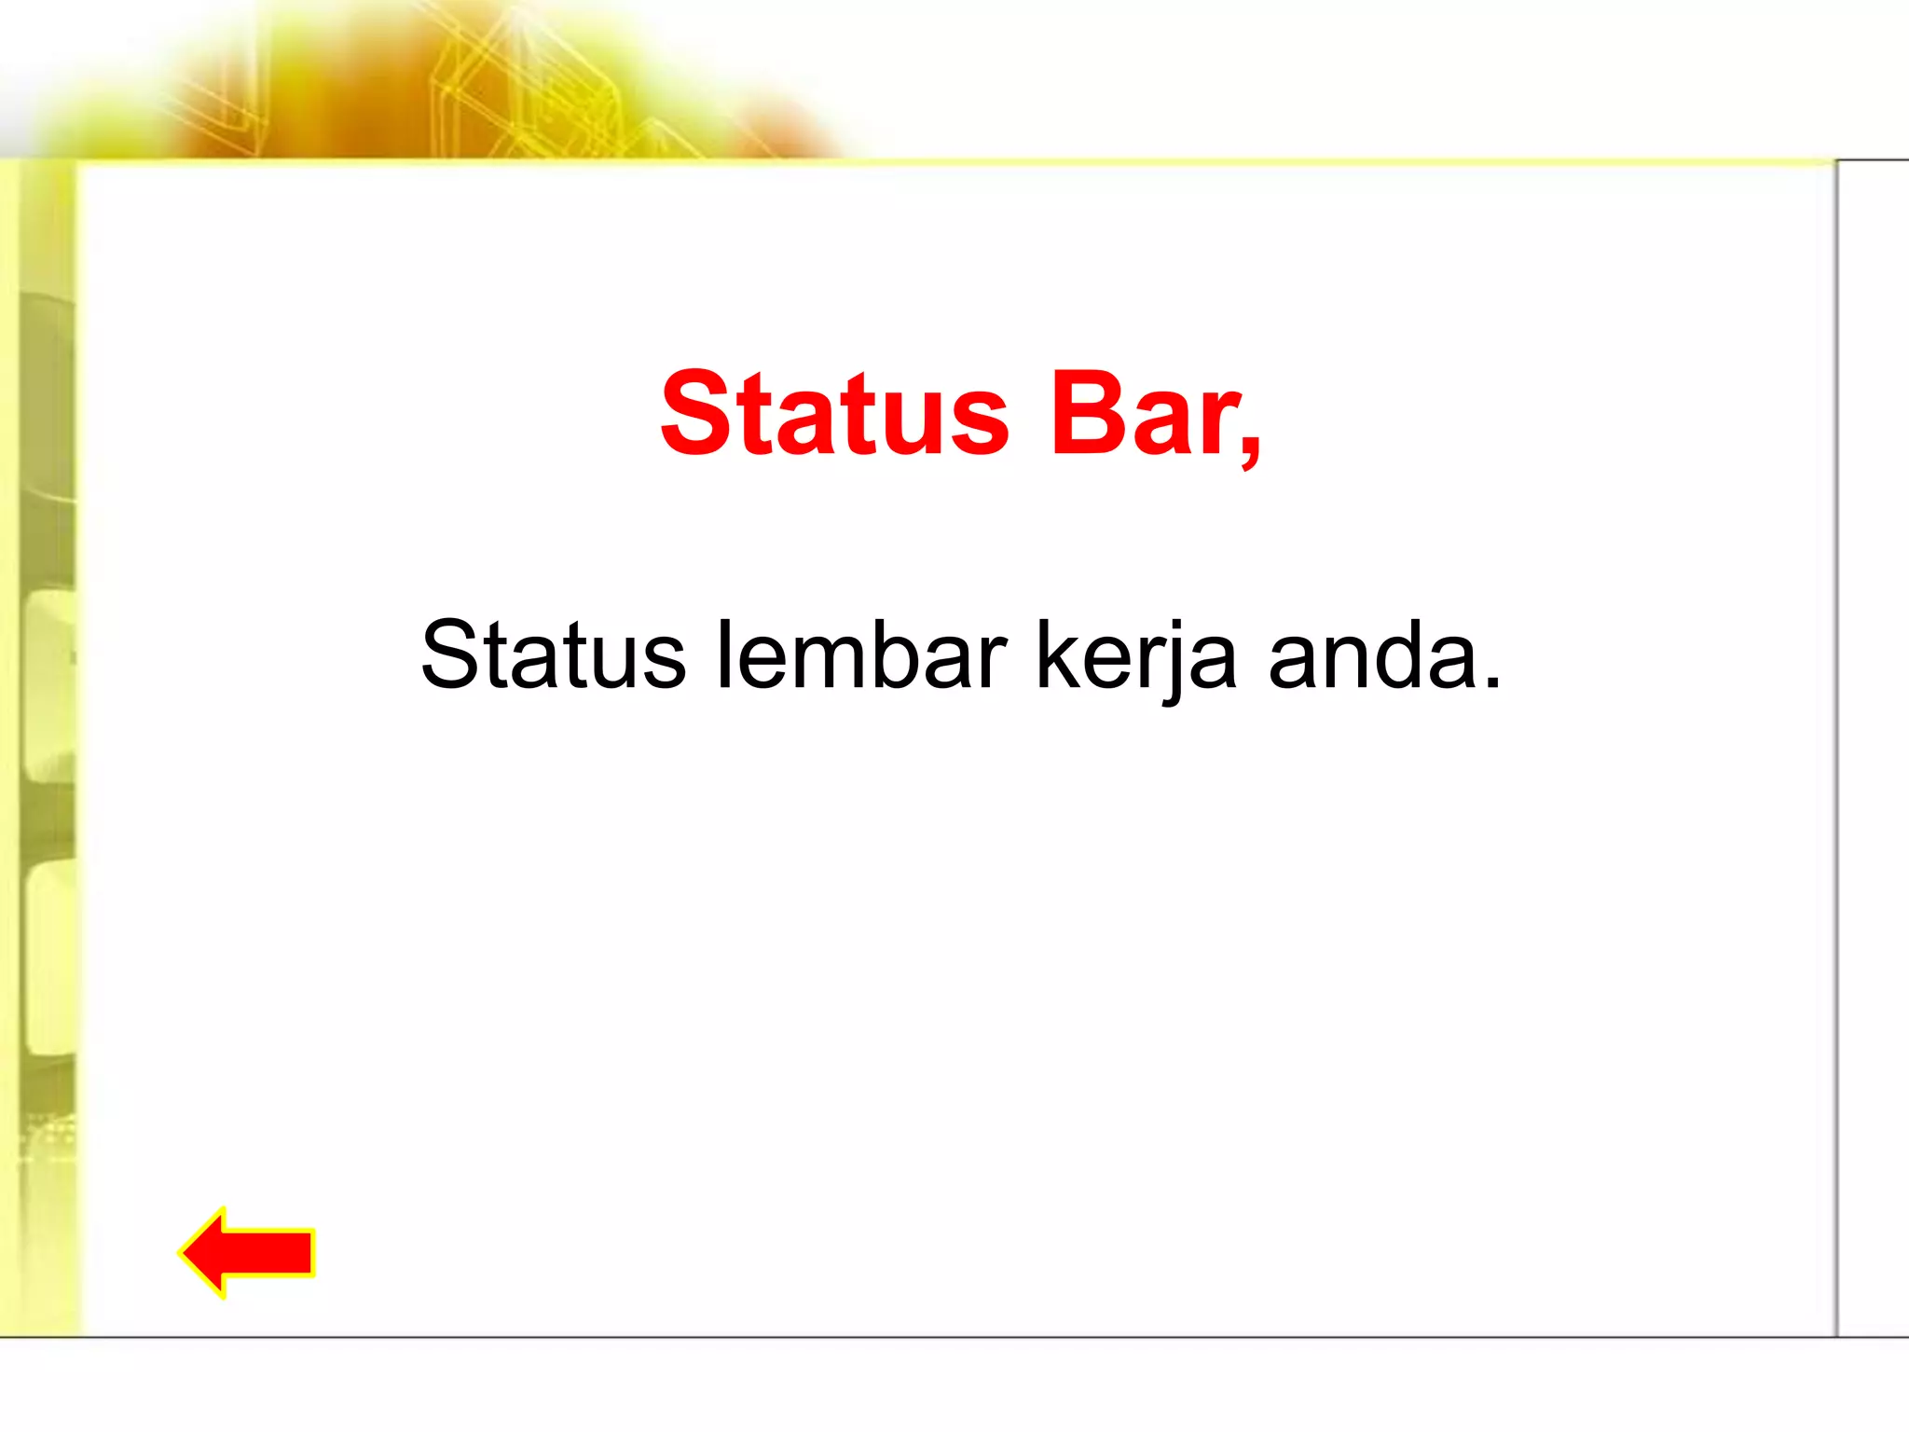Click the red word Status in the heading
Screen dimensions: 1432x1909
click(834, 415)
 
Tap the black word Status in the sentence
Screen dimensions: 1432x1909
click(553, 655)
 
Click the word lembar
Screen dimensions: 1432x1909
click(860, 655)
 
